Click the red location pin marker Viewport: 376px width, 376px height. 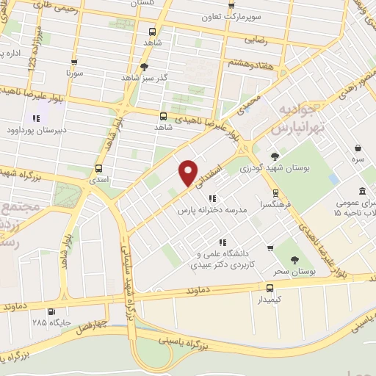pyautogui.click(x=188, y=173)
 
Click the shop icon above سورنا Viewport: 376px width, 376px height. pyautogui.click(x=73, y=63)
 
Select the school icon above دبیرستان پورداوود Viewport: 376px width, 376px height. pyautogui.click(x=35, y=117)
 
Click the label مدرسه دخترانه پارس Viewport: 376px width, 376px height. pyautogui.click(x=214, y=210)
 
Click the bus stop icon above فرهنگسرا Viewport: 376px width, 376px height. pyautogui.click(x=276, y=193)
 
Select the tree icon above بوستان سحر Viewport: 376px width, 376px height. pyautogui.click(x=294, y=259)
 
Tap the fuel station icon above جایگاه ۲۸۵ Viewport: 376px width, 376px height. pyautogui.click(x=38, y=310)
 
